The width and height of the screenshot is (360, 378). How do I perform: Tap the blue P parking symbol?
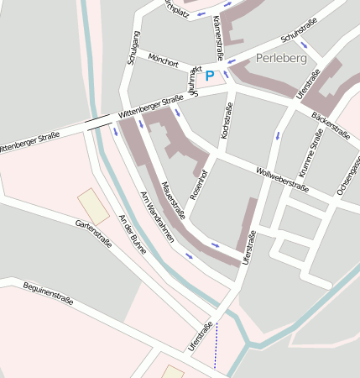210,76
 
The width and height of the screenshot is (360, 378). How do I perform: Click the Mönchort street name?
163,61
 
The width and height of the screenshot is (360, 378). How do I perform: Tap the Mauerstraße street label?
173,200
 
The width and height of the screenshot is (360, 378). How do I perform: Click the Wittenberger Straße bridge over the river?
97,122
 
